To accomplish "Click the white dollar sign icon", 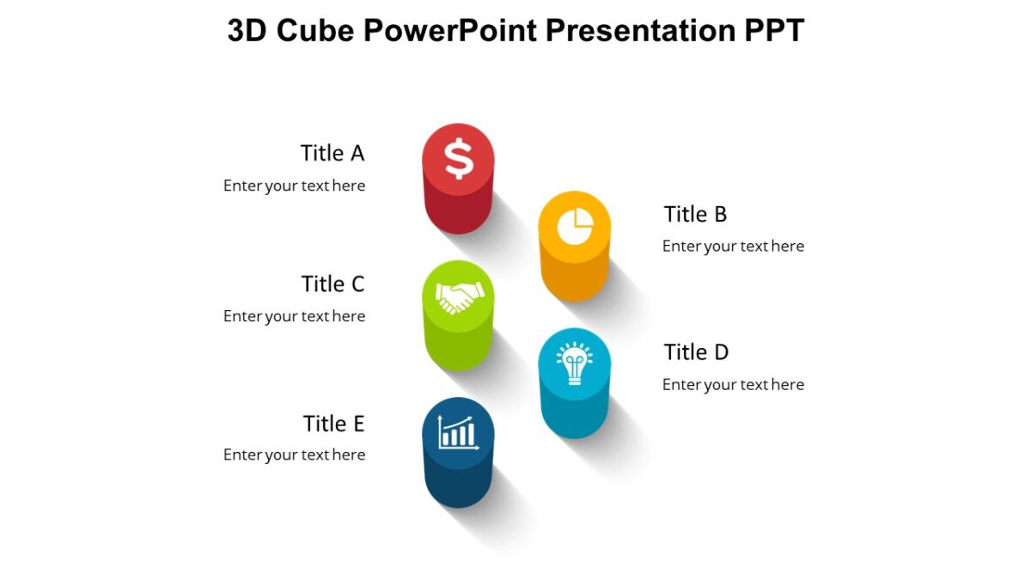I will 459,159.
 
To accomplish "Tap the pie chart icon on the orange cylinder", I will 575,227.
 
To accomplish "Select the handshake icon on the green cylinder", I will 459,297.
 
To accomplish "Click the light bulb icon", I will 574,364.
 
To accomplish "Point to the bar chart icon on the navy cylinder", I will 458,432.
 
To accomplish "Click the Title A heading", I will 332,153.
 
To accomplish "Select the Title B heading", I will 695,214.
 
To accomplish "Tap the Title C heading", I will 332,284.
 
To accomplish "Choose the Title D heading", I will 696,352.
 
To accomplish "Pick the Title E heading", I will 333,424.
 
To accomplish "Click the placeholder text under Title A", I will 294,186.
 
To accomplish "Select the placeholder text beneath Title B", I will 733,247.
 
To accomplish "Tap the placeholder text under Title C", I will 294,316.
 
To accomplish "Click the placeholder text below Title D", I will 733,385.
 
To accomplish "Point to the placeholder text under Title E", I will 294,455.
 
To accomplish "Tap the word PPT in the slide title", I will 773,31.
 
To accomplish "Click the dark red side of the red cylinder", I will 459,211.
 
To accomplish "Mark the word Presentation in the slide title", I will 639,31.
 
